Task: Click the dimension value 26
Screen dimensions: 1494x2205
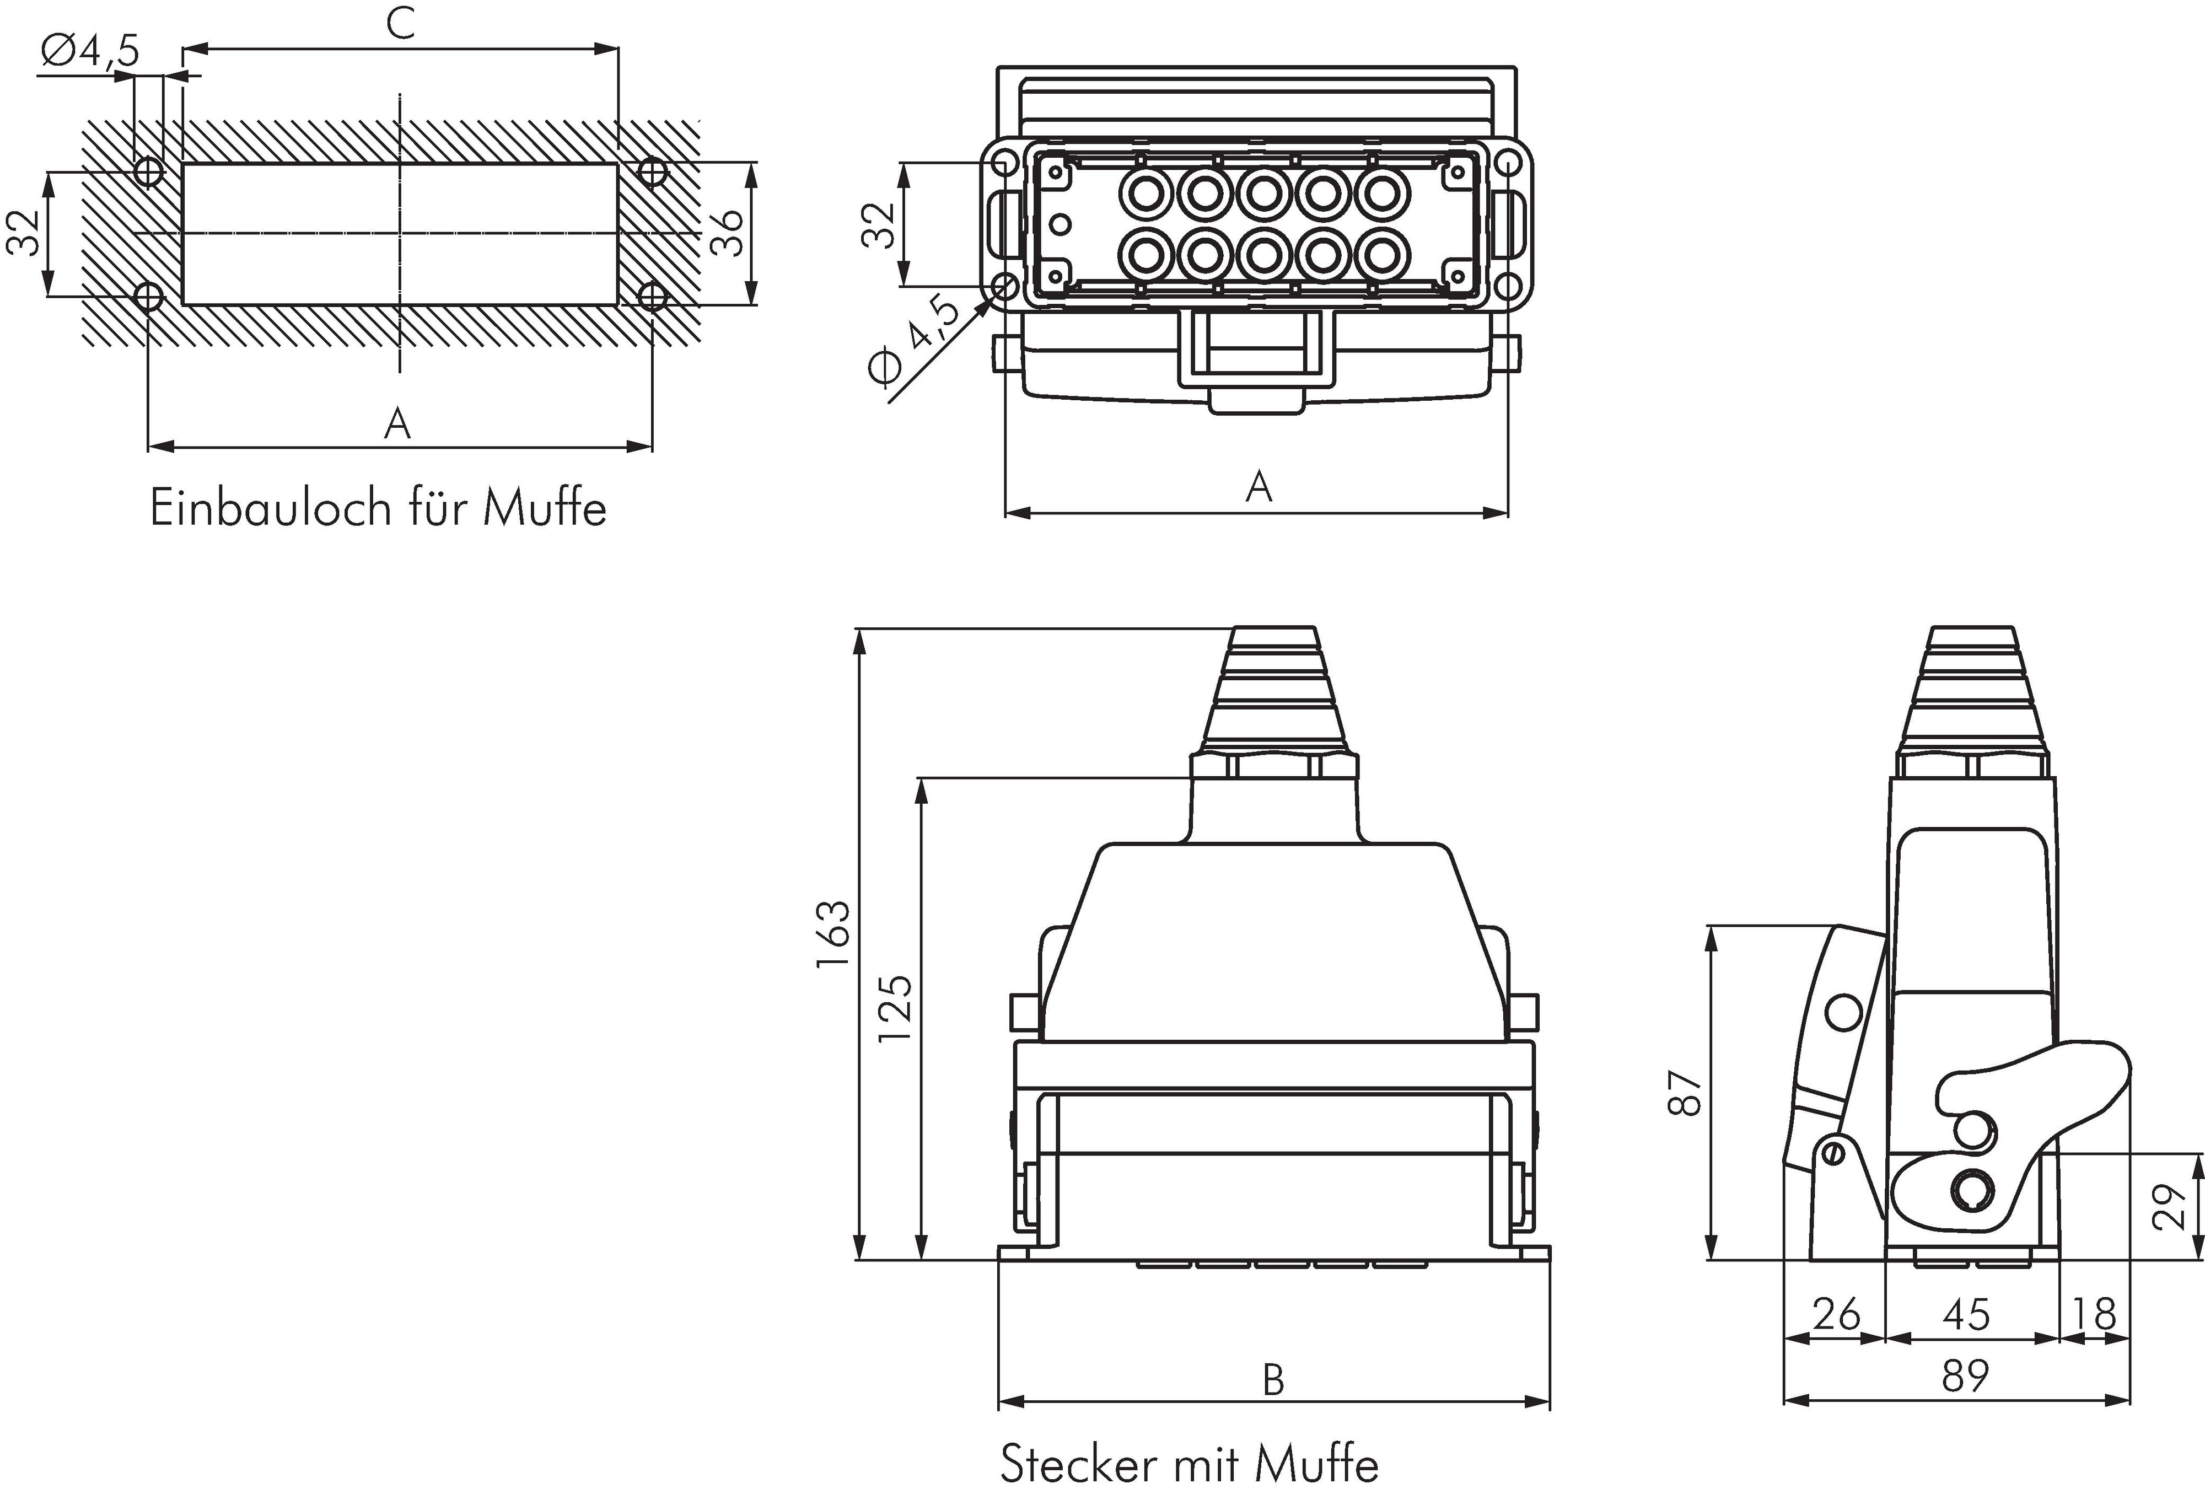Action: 1836,1315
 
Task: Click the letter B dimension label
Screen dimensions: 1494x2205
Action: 1273,1380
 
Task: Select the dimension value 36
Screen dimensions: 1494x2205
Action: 728,233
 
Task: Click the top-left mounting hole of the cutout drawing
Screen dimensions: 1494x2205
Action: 149,171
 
